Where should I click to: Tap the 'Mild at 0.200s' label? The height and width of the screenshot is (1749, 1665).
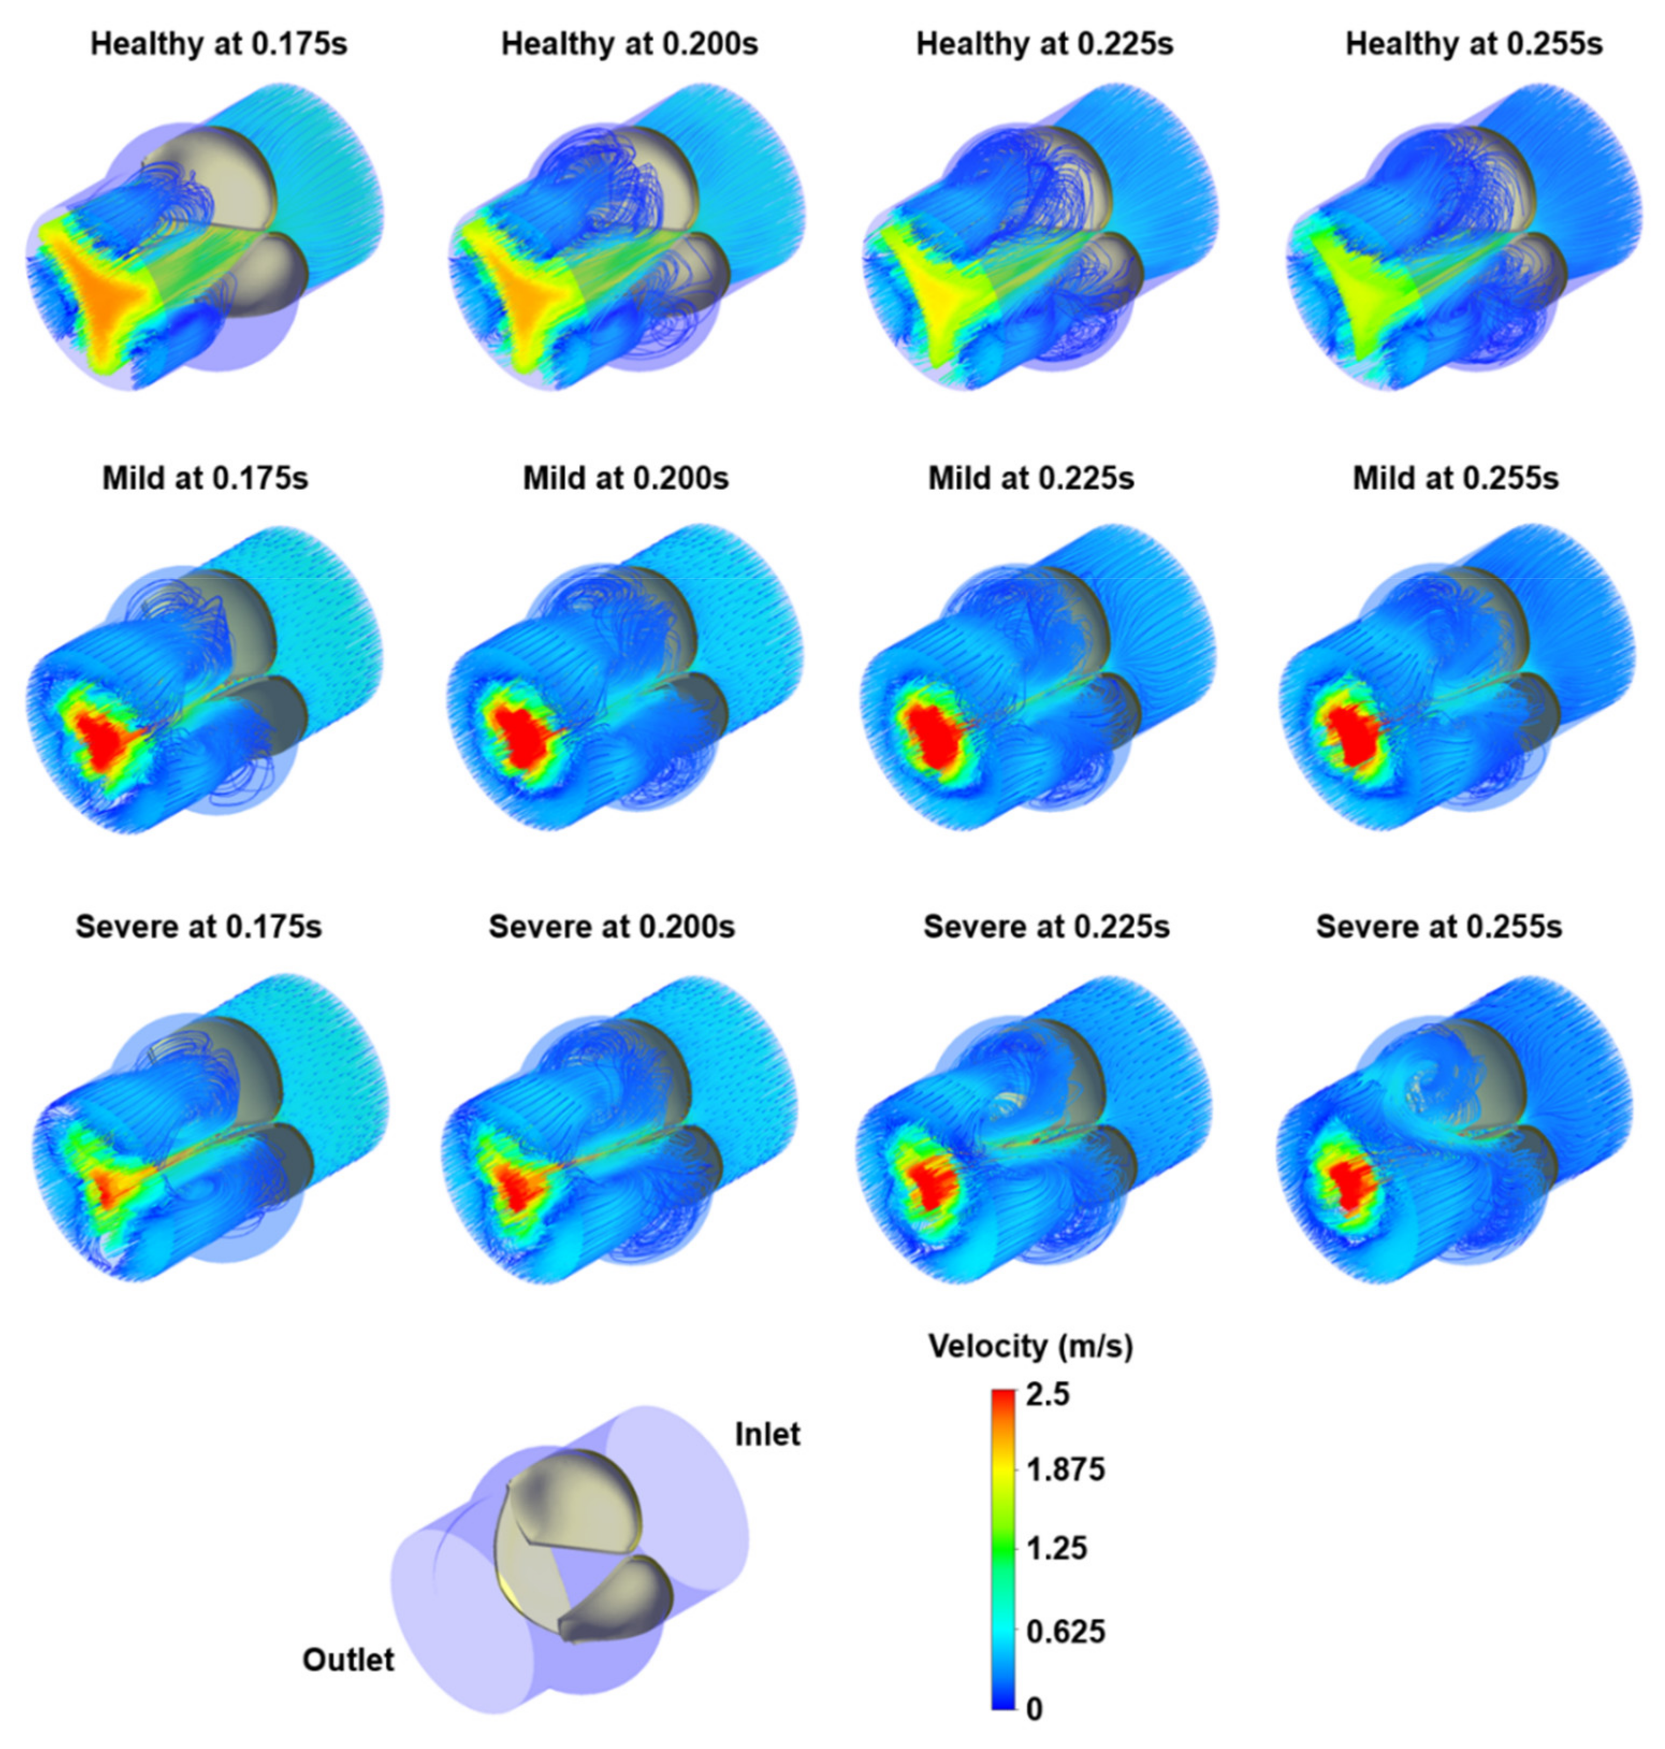pos(626,479)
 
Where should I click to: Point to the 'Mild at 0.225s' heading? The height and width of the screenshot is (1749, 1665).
pos(1031,479)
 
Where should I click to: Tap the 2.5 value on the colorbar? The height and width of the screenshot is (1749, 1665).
pos(1048,1395)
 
